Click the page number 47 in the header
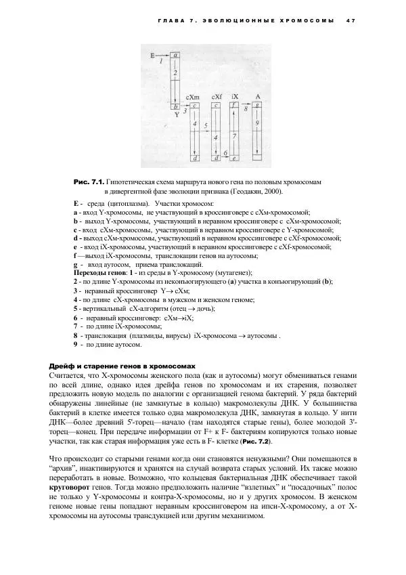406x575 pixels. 351,20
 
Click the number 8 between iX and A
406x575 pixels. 246,108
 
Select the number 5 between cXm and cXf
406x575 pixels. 205,127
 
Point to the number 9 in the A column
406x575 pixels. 258,123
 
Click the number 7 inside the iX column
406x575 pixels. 234,136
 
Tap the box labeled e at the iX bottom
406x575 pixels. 234,158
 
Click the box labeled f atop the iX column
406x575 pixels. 234,106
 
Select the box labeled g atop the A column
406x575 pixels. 258,106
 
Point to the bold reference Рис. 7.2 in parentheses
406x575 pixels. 253,441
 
